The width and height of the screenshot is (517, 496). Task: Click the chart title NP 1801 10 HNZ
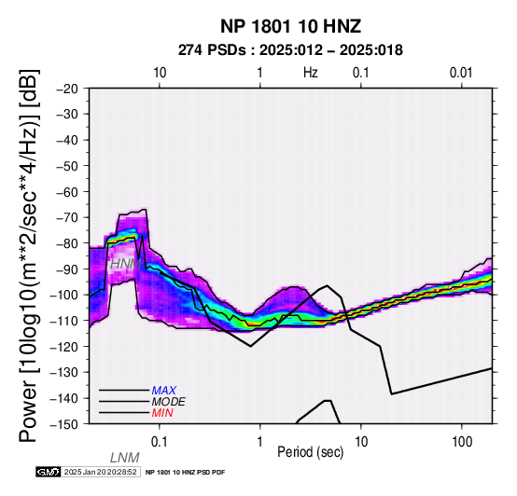tap(290, 26)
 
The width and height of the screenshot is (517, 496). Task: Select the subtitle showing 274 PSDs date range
tap(290, 50)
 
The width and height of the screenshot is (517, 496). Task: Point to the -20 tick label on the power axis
tap(67, 89)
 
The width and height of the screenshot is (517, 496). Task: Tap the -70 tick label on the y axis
tap(67, 217)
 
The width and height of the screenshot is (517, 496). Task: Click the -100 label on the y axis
tap(64, 295)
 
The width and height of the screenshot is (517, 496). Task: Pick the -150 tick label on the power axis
tap(64, 424)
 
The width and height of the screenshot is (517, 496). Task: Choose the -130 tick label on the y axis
tap(64, 372)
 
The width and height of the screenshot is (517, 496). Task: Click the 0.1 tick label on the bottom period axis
tap(160, 442)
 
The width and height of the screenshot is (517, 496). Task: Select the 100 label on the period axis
tap(462, 442)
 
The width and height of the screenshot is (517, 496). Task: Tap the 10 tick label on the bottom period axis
tap(361, 442)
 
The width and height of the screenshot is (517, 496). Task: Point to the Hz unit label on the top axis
tap(310, 73)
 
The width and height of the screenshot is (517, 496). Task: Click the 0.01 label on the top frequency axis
tap(461, 73)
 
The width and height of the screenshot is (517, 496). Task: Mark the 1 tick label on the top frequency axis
tap(260, 73)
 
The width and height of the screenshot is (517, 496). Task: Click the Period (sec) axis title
tap(310, 452)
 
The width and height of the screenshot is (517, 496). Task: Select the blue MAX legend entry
tap(163, 391)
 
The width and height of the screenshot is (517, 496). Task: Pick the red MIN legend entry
tap(162, 413)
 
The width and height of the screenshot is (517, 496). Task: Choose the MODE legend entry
tap(169, 402)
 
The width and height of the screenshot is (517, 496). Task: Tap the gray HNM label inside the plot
tap(126, 264)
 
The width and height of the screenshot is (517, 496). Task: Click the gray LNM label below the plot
tap(125, 458)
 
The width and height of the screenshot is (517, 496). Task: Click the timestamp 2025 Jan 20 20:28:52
tap(100, 472)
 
